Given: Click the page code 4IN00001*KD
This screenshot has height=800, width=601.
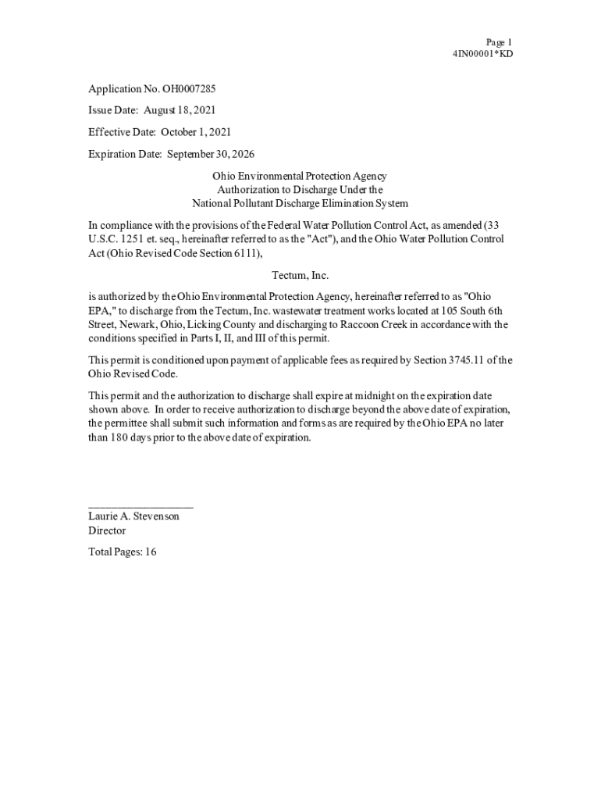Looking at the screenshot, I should coord(482,54).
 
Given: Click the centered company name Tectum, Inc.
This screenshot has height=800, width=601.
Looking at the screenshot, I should coord(300,276).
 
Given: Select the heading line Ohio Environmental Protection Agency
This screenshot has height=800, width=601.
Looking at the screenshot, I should coord(300,177).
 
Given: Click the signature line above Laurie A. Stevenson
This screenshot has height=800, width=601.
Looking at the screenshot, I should coord(140,507).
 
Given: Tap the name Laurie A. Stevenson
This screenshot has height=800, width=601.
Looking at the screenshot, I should coord(133,516).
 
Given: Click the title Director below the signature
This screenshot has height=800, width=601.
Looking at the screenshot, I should coord(107,530).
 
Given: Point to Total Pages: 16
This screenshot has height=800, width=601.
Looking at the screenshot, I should coord(123,552).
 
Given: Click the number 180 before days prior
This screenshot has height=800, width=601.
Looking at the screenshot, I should coord(119,437).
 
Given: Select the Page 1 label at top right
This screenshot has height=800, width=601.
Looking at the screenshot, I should coord(499,42).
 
